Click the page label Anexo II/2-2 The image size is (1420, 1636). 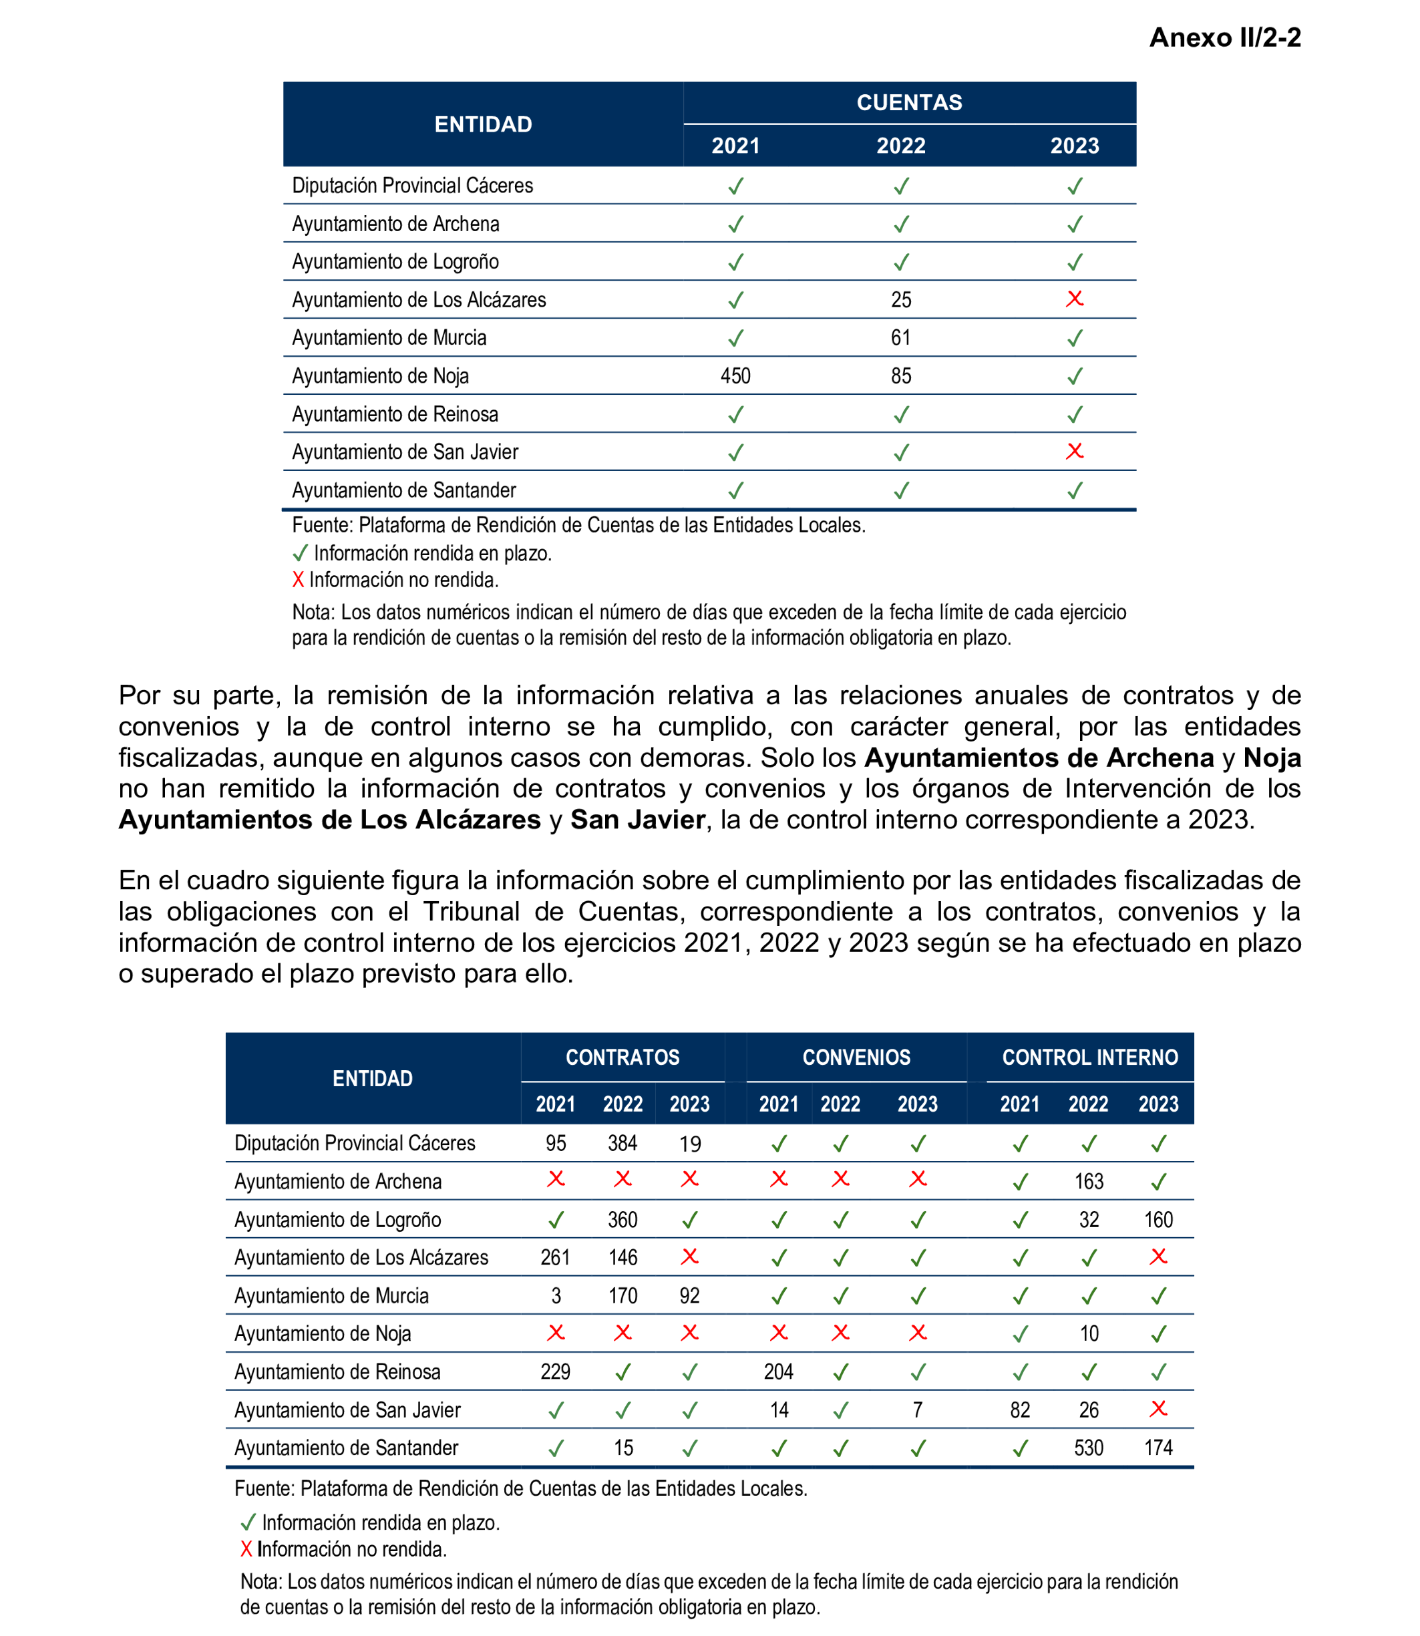(x=1224, y=37)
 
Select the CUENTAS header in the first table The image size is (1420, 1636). (x=909, y=102)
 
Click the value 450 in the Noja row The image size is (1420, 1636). (x=735, y=375)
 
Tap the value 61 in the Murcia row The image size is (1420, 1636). (x=901, y=337)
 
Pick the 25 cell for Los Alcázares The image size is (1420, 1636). (x=901, y=300)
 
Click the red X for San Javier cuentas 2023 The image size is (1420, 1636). (x=1075, y=451)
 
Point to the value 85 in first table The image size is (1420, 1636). (x=901, y=375)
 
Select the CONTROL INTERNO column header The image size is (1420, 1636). (x=1089, y=1057)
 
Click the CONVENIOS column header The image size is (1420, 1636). (x=856, y=1057)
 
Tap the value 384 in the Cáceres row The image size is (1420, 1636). (x=622, y=1143)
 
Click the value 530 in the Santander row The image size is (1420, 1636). (x=1089, y=1448)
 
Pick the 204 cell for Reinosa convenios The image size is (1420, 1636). (x=778, y=1372)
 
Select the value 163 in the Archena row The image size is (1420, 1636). (x=1089, y=1182)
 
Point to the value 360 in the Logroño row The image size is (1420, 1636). (x=622, y=1220)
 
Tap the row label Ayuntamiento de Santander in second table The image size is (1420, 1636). (x=346, y=1448)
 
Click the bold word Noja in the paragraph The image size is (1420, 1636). (x=1271, y=758)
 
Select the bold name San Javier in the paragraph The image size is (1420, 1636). (x=637, y=820)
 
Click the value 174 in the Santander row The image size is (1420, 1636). (x=1158, y=1448)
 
